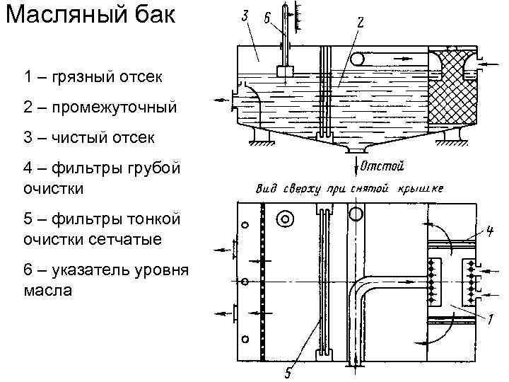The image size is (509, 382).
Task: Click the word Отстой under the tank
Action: [382, 167]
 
